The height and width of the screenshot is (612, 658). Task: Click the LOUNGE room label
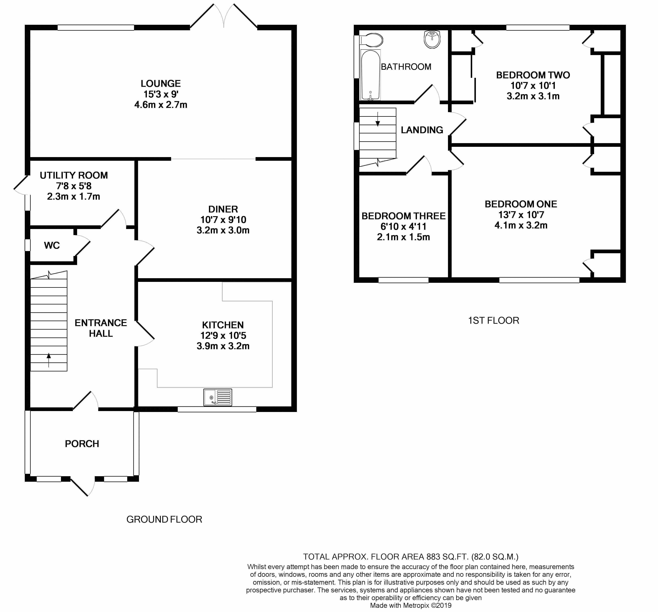pos(161,83)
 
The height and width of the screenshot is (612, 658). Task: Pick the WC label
pos(52,246)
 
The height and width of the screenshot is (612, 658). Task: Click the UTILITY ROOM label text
pos(74,175)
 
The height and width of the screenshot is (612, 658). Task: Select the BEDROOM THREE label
pos(404,216)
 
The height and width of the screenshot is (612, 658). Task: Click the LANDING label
pos(422,130)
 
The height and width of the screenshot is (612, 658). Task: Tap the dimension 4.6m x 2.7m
pos(161,105)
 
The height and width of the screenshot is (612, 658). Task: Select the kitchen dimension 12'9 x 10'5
pos(223,335)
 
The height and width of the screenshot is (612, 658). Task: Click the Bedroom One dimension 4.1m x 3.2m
pos(521,225)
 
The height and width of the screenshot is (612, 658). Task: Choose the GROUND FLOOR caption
pos(164,519)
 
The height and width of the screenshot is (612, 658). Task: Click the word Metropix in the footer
pos(416,605)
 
